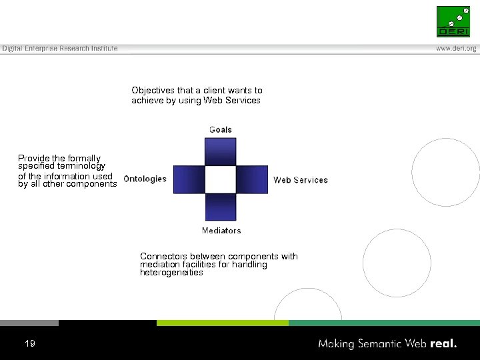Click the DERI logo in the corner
pyautogui.click(x=453, y=21)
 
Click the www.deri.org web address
pyautogui.click(x=456, y=49)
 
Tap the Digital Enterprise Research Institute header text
pyautogui.click(x=59, y=49)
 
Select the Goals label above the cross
pyautogui.click(x=221, y=129)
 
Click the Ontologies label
pyautogui.click(x=145, y=179)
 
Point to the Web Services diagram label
pyautogui.click(x=301, y=180)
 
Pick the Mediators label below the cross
pyautogui.click(x=221, y=231)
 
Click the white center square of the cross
pyautogui.click(x=221, y=179)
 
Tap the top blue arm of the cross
pyautogui.click(x=221, y=152)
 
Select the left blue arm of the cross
pyautogui.click(x=189, y=179)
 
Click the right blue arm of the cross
pyautogui.click(x=252, y=179)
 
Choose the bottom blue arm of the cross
pyautogui.click(x=221, y=207)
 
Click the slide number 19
pyautogui.click(x=29, y=343)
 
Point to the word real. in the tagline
pyautogui.click(x=444, y=344)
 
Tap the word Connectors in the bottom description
pyautogui.click(x=163, y=257)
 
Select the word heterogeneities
pyautogui.click(x=171, y=273)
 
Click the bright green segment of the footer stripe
pyautogui.click(x=222, y=323)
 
